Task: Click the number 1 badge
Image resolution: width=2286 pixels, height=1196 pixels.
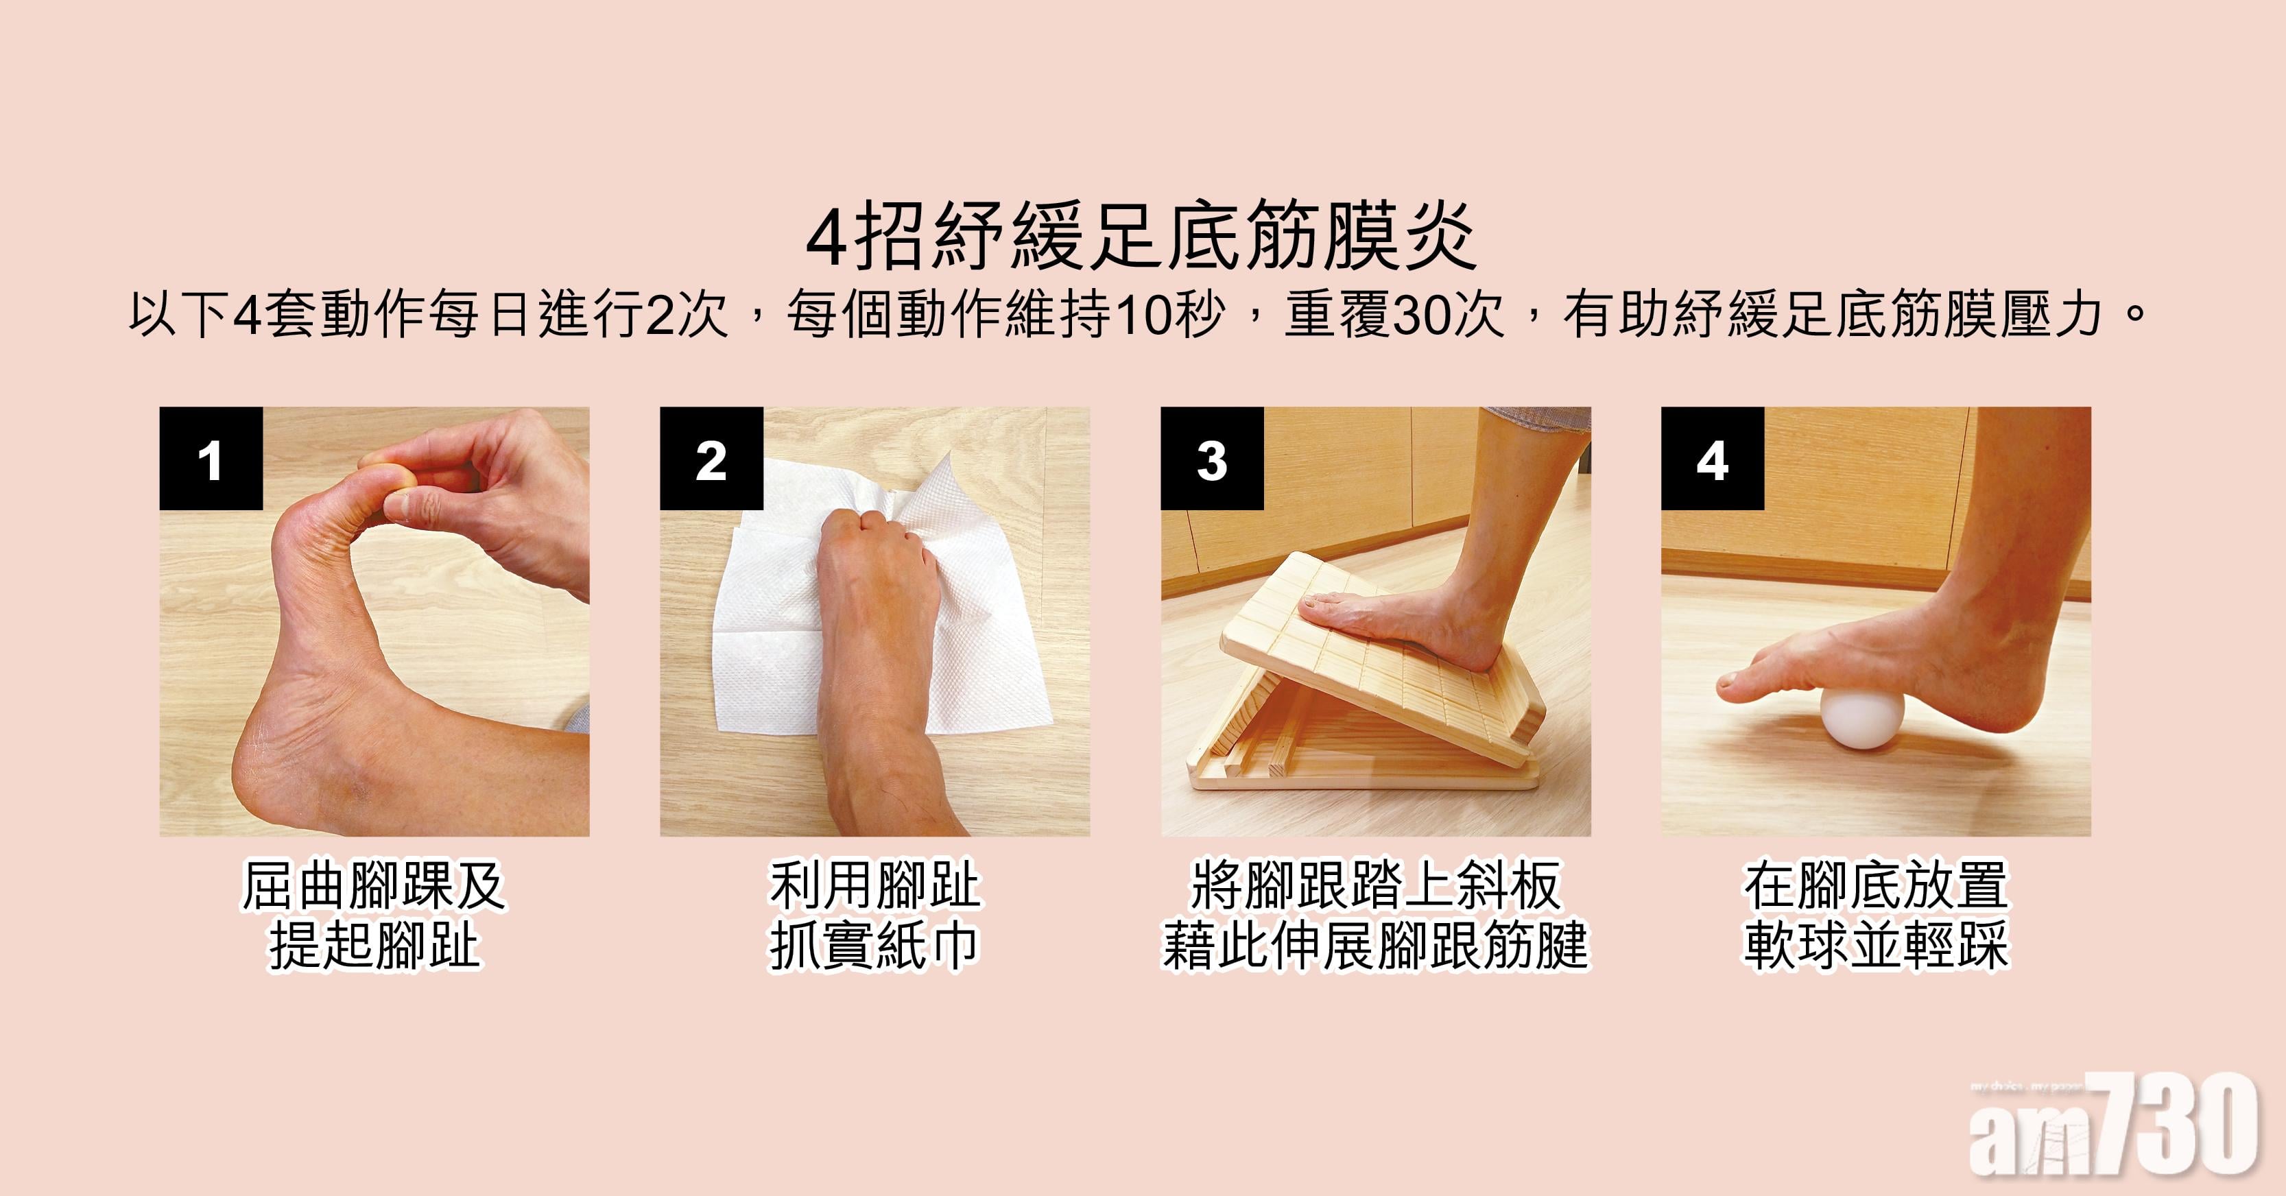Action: (211, 459)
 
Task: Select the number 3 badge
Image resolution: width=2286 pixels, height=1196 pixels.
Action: (1212, 459)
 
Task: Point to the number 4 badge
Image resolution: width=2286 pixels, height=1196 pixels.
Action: (1713, 459)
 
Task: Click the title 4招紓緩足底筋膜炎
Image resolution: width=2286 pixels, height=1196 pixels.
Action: (1142, 238)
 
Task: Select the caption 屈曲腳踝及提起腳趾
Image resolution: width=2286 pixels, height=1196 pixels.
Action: (374, 916)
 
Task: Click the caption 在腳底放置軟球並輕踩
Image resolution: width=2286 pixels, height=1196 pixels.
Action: (1876, 916)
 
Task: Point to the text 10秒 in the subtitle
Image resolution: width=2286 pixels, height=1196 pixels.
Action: (1168, 315)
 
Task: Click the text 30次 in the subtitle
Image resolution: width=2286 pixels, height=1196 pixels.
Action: (1449, 315)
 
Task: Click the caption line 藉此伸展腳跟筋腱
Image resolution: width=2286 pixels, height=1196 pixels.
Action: (1375, 946)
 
